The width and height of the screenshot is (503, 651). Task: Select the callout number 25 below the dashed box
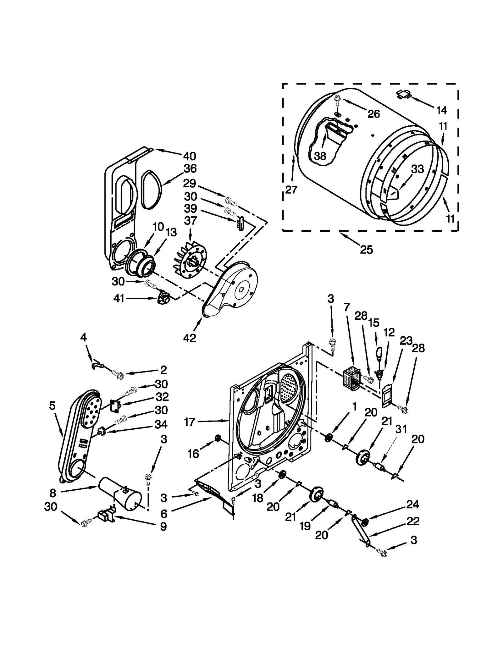[366, 250]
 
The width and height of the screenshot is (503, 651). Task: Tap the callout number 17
[189, 422]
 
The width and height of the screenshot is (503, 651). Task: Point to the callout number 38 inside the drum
[320, 156]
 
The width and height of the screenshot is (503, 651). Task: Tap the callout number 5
[52, 406]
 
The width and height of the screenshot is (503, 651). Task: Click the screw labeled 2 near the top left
[119, 374]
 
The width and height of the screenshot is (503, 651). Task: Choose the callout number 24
[412, 504]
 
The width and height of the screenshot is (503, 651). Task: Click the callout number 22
[412, 521]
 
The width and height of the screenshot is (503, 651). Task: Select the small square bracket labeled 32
[116, 406]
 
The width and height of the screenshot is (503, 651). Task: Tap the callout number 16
[193, 454]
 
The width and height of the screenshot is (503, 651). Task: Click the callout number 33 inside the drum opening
[417, 169]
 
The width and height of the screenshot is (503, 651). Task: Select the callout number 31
[401, 429]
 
